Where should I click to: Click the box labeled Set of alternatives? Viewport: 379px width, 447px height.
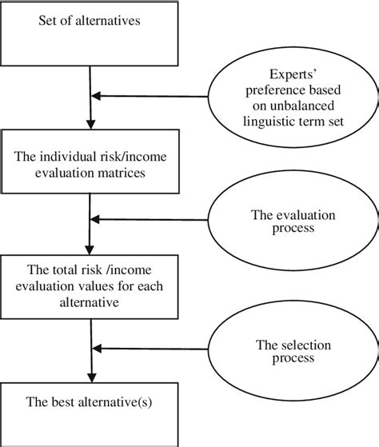pos(90,33)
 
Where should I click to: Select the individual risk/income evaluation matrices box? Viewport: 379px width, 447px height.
pos(90,163)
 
